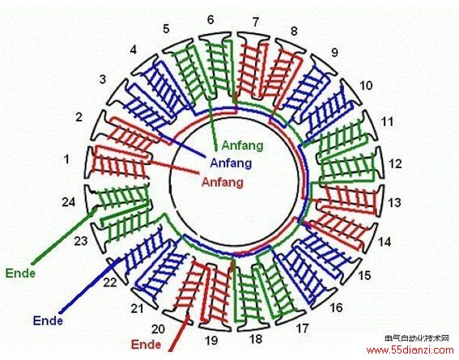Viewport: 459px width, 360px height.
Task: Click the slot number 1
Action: pos(67,159)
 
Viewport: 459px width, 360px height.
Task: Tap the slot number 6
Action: pos(210,19)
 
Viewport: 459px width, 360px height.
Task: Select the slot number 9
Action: pos(334,52)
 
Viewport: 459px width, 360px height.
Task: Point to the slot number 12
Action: pos(395,163)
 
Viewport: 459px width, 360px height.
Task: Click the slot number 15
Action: pos(364,275)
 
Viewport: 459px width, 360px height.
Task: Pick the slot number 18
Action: pos(256,339)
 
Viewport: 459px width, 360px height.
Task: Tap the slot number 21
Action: pos(137,308)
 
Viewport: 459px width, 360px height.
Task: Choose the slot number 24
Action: pos(69,201)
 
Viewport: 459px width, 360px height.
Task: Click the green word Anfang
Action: pos(242,146)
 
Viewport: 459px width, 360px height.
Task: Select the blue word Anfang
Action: pos(231,163)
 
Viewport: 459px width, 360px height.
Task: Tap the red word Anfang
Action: pos(223,182)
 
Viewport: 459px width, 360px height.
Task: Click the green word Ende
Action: pos(20,273)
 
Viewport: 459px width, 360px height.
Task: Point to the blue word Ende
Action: pos(48,320)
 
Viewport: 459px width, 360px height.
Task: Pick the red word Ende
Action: pos(146,344)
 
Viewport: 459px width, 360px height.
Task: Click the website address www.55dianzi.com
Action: pos(410,349)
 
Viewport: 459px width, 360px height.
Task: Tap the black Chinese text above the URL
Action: pos(417,338)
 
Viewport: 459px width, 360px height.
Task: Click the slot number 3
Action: pos(103,79)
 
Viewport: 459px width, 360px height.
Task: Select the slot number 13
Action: pos(394,202)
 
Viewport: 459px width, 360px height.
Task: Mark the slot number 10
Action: pos(366,86)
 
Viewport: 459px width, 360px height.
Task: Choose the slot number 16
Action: pos(336,307)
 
